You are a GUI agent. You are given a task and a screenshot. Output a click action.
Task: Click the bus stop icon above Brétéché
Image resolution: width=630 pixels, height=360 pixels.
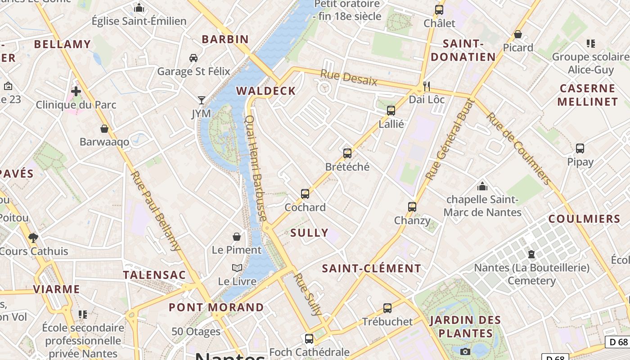coord(347,153)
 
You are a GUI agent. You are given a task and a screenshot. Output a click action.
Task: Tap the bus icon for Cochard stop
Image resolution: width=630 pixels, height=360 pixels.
coord(305,194)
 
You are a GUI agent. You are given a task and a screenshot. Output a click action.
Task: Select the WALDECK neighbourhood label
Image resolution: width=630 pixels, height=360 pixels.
coord(266,91)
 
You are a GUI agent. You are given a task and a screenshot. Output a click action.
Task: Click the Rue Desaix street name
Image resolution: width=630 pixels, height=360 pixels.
coord(349,77)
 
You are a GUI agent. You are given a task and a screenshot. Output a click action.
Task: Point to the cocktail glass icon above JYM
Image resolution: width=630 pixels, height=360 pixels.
coord(201,100)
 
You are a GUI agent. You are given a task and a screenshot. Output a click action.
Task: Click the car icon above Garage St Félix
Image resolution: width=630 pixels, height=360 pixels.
coord(193,58)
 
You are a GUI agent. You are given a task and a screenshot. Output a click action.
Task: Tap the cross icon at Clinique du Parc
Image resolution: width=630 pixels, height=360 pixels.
coord(76,91)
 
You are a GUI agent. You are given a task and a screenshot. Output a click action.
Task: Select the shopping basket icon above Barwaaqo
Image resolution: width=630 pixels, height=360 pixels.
coord(104,129)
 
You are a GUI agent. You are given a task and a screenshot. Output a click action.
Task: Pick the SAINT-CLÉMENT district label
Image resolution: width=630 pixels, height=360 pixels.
coord(372,269)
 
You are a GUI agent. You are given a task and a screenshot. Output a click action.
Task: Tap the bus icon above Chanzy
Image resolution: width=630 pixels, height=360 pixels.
coord(412,207)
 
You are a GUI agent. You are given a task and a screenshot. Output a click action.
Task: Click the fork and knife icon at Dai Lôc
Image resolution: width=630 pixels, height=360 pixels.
coord(426,86)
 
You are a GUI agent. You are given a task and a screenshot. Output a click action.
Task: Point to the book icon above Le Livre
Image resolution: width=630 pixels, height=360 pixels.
coord(237,268)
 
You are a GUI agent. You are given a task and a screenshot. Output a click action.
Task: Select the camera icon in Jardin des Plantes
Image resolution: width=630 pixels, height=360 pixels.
coord(465,351)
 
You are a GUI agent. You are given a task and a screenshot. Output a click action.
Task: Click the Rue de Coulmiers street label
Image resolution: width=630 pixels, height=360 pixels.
coord(519,148)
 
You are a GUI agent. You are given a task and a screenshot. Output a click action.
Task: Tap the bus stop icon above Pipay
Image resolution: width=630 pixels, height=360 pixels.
coord(580,148)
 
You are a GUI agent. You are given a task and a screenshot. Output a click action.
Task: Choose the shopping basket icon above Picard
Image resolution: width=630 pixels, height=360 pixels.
coord(518,34)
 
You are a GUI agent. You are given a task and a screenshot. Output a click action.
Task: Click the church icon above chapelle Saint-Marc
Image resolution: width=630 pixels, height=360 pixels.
coord(482,186)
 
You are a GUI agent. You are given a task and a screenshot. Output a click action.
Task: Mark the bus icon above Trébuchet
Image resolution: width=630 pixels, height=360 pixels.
coord(387,308)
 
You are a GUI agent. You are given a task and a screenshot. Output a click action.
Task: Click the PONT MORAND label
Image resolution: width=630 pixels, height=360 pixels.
coord(216,307)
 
